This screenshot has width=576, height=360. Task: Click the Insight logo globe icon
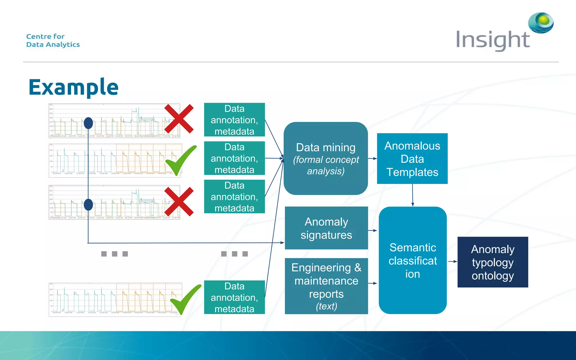click(541, 22)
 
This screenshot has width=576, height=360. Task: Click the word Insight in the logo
click(493, 40)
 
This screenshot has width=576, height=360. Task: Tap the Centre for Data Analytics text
click(53, 40)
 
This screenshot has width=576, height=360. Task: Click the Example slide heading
click(73, 87)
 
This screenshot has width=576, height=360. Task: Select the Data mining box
click(326, 158)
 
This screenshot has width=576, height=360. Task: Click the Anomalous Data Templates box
click(412, 159)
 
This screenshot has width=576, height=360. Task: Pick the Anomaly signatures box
click(326, 228)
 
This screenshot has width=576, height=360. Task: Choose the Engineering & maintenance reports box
click(326, 286)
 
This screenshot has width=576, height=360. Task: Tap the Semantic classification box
click(413, 260)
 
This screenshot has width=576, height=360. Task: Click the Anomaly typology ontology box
click(492, 262)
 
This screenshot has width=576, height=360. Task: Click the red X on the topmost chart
click(179, 119)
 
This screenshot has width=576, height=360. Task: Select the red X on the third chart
click(179, 201)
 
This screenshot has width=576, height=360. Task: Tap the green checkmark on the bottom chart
click(185, 299)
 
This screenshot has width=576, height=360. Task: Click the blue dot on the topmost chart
click(88, 123)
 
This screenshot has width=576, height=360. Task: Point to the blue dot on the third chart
click(88, 204)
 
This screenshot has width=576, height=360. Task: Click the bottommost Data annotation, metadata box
click(234, 297)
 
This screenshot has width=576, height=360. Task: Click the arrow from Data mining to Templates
click(372, 159)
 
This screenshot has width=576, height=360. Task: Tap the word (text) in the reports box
click(326, 306)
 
